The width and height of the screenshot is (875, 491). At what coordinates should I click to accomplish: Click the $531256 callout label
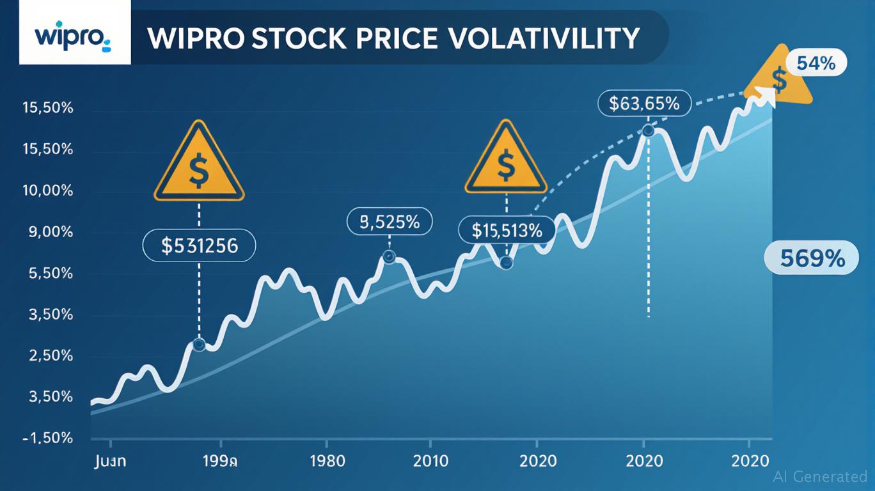tap(199, 245)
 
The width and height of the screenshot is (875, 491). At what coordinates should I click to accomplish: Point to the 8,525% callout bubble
tap(390, 222)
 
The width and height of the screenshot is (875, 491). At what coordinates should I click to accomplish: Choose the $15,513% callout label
tap(507, 230)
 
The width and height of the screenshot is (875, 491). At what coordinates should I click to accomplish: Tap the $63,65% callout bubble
tap(644, 103)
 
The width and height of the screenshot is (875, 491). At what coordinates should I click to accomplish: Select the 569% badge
tap(812, 258)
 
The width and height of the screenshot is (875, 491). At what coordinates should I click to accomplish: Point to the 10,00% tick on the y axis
tap(48, 191)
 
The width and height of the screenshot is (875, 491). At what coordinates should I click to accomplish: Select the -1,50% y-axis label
tap(48, 438)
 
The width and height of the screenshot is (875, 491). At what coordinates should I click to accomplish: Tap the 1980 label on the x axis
tap(326, 461)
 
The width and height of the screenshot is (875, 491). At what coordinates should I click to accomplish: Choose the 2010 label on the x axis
tap(430, 461)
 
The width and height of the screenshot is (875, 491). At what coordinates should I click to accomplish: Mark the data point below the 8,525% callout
tap(388, 258)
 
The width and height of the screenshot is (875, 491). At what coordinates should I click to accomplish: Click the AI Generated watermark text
tap(820, 476)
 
